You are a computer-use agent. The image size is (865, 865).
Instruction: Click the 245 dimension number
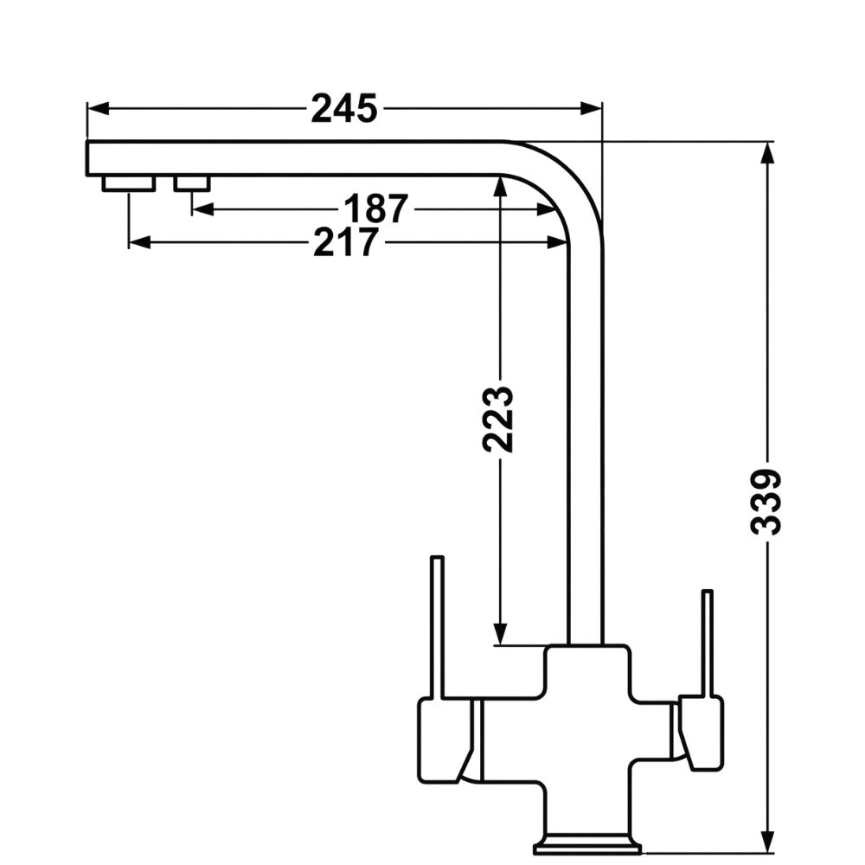344,109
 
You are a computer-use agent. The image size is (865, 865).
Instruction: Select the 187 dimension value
375,209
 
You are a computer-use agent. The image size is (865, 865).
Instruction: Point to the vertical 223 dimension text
499,420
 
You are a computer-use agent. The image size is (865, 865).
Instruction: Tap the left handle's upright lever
438,627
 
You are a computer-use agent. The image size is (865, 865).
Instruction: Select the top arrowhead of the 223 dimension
499,185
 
